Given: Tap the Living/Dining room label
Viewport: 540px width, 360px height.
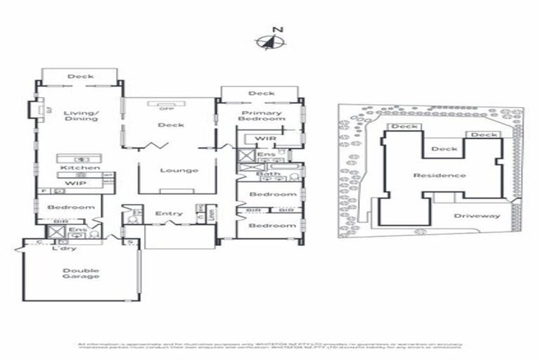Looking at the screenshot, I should [79, 115].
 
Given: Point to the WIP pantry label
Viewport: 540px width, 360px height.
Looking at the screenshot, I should [75, 184].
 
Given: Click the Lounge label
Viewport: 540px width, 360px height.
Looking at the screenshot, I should [179, 170].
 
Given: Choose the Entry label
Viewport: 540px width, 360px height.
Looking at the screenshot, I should [169, 214].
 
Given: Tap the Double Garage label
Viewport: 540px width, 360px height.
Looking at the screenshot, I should [80, 274].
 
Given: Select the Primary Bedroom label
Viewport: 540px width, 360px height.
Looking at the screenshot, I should [262, 116].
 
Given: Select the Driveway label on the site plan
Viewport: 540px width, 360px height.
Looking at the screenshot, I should [477, 216].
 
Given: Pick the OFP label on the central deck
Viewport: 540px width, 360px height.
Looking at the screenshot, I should [167, 108].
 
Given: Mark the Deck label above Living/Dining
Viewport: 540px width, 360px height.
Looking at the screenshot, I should [81, 77].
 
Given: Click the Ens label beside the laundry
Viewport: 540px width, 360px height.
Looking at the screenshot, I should [78, 229].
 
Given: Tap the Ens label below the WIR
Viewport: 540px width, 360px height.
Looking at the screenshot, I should [265, 155].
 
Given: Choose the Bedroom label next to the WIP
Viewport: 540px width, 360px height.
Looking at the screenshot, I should [70, 207].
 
